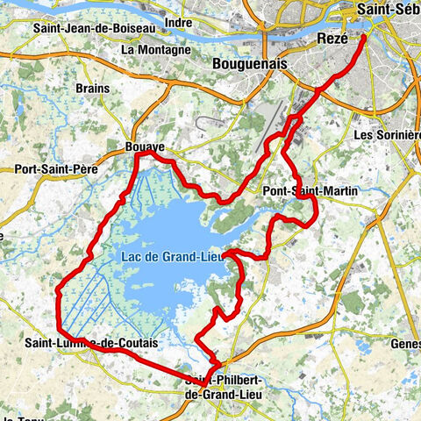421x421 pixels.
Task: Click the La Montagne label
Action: click(155, 50)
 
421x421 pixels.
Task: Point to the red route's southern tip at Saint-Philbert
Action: click(200, 384)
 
